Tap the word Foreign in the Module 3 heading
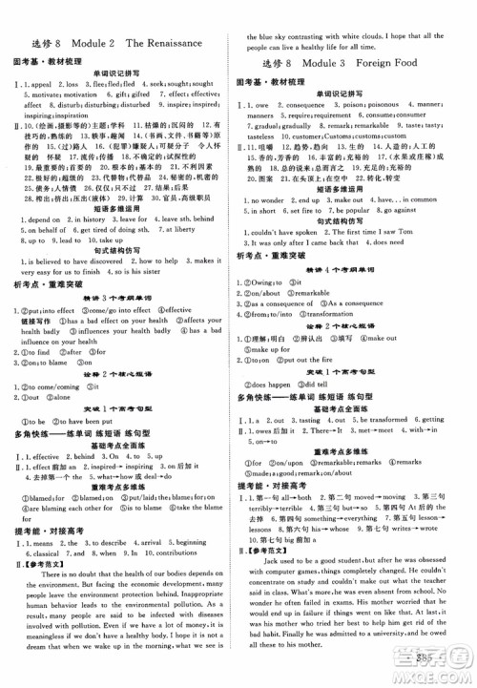373,64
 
